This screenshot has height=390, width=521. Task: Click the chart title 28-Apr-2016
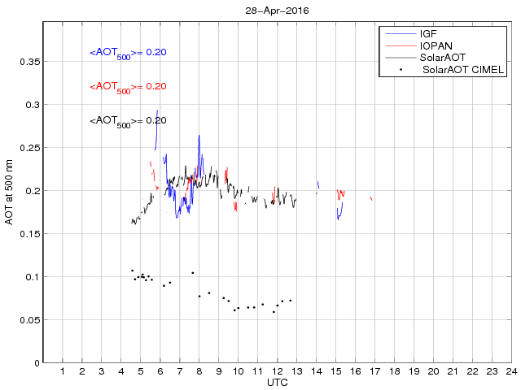pos(277,11)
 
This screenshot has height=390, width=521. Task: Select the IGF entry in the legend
pos(429,33)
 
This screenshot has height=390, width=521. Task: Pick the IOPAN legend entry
pos(436,45)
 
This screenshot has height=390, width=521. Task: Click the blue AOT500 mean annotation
pos(128,53)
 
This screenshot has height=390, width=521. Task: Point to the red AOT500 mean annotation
pos(128,87)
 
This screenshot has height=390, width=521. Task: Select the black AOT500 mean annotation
pos(128,121)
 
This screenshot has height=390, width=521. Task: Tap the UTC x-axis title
pos(277,382)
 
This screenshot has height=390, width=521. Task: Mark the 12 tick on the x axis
pos(277,371)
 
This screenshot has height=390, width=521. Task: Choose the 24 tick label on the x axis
pos(510,371)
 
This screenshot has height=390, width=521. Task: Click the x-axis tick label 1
pos(63,371)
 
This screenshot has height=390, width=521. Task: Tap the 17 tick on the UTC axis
pos(374,371)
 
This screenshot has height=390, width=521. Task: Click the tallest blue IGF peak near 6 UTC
pos(157,110)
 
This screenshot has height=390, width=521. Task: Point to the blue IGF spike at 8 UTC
pos(199,136)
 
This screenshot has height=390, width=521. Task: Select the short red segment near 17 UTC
pos(371,198)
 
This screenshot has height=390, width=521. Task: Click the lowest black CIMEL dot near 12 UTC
pos(274,312)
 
